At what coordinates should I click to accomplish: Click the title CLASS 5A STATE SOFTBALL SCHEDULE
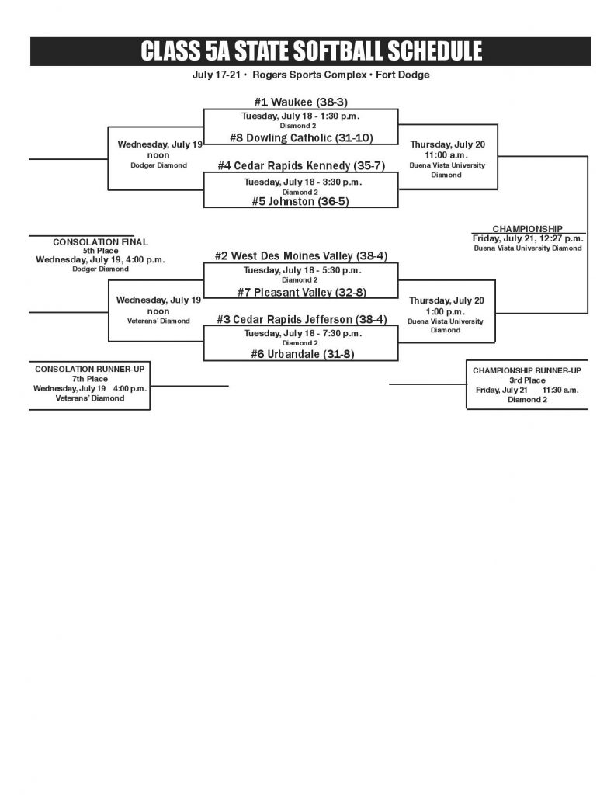[x=310, y=51]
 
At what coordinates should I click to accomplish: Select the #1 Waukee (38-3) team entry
[x=300, y=102]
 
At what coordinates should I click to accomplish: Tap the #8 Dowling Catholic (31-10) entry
[x=301, y=138]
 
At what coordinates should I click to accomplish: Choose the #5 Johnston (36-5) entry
[x=301, y=201]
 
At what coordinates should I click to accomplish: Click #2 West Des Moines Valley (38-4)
[x=301, y=255]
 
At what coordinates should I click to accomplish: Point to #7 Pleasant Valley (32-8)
[x=301, y=292]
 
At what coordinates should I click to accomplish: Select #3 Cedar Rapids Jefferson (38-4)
[x=301, y=319]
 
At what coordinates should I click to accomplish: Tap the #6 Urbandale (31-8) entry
[x=301, y=354]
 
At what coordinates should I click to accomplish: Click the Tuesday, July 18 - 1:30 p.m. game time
[x=301, y=116]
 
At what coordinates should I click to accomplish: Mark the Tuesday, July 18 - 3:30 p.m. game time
[x=301, y=182]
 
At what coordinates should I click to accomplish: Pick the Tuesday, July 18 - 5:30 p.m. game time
[x=301, y=270]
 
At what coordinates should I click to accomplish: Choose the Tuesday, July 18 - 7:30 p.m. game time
[x=301, y=334]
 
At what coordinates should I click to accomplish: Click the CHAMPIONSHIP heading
[x=528, y=229]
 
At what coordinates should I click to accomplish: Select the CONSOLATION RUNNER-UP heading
[x=89, y=368]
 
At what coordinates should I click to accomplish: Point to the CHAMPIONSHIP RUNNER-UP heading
[x=527, y=370]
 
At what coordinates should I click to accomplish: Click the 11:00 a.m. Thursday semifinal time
[x=446, y=154]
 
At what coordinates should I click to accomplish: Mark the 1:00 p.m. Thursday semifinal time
[x=446, y=311]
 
